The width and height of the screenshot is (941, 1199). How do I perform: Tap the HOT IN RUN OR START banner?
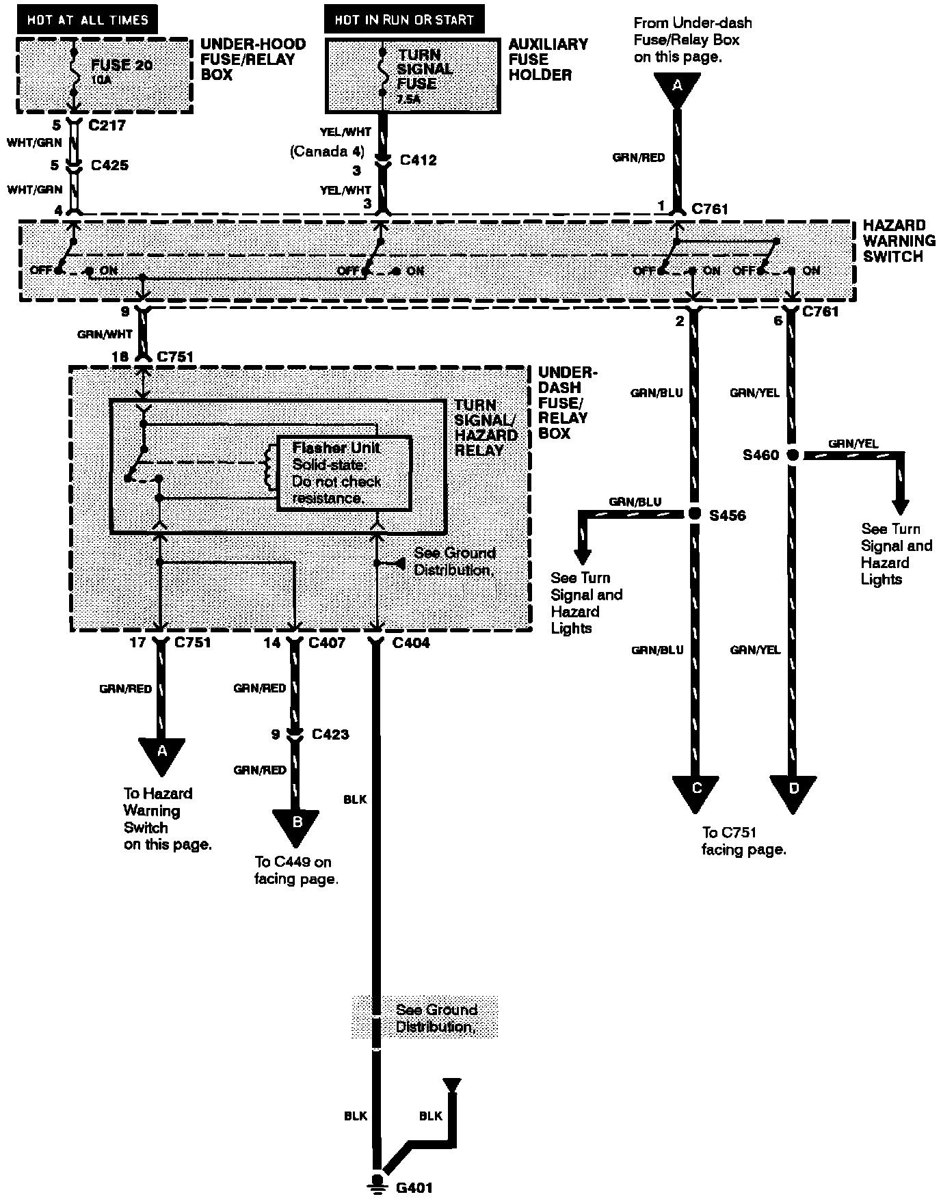404,19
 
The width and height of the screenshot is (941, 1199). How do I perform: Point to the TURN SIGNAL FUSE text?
425,69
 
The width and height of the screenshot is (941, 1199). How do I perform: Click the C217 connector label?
108,126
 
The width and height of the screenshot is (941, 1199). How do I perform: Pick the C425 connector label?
109,165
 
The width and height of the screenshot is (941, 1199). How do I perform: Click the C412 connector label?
418,160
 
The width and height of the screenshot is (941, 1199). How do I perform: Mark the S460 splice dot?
793,455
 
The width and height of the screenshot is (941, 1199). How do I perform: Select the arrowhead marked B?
296,824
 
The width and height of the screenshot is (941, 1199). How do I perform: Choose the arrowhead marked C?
695,792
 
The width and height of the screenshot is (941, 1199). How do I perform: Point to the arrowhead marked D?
793,792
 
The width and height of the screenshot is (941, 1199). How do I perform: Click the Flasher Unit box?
344,473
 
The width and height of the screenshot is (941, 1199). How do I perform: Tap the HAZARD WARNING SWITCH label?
898,241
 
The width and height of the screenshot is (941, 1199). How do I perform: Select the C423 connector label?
330,734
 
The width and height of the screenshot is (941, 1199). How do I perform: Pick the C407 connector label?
327,643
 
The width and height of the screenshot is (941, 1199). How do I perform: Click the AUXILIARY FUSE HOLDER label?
547,59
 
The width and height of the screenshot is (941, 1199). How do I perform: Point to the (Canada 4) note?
326,151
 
